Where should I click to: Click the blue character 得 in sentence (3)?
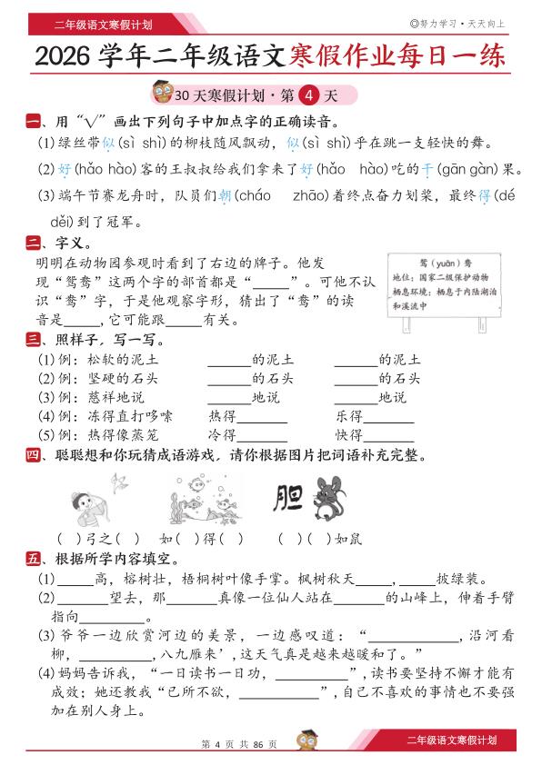[486, 195]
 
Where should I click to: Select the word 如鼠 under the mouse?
[348, 538]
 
